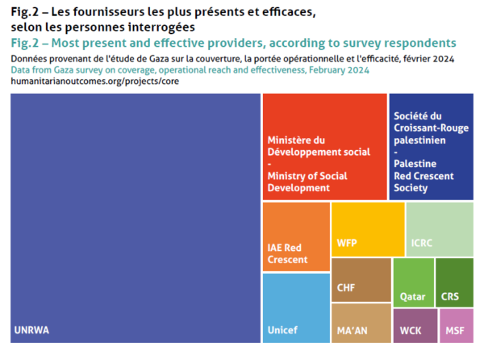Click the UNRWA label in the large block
pos(31,330)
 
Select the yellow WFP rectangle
pos(368,229)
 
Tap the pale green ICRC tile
pos(440,229)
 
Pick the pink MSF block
pos(457,326)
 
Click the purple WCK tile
pos(415,326)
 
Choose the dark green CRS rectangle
pos(454,283)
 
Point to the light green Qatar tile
pos(413,283)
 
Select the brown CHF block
pos(361,280)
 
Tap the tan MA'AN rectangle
pos(361,323)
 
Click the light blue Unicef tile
pos(296,308)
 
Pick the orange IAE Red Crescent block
pos(296,237)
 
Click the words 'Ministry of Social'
pos(307,176)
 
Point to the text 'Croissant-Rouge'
pos(431,128)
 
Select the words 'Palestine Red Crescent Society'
pos(423,176)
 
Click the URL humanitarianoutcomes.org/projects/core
pos(94,82)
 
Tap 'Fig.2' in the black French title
pos(25,12)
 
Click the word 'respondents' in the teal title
pos(420,44)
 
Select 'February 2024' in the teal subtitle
pos(339,70)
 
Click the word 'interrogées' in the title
pos(161,27)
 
